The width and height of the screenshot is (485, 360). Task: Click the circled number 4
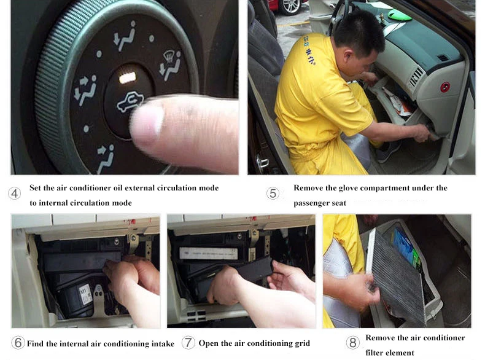pos(15,194)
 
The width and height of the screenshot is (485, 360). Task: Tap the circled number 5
pos(273,194)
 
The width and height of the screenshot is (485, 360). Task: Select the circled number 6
pos(18,343)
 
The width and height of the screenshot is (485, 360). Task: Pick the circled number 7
pos(188,343)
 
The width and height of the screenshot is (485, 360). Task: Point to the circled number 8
pos(353,343)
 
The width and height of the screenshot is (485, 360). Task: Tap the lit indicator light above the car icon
pos(127,77)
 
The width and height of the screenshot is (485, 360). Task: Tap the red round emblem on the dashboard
pos(445,87)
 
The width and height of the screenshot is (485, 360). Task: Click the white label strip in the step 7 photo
pos(207,253)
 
